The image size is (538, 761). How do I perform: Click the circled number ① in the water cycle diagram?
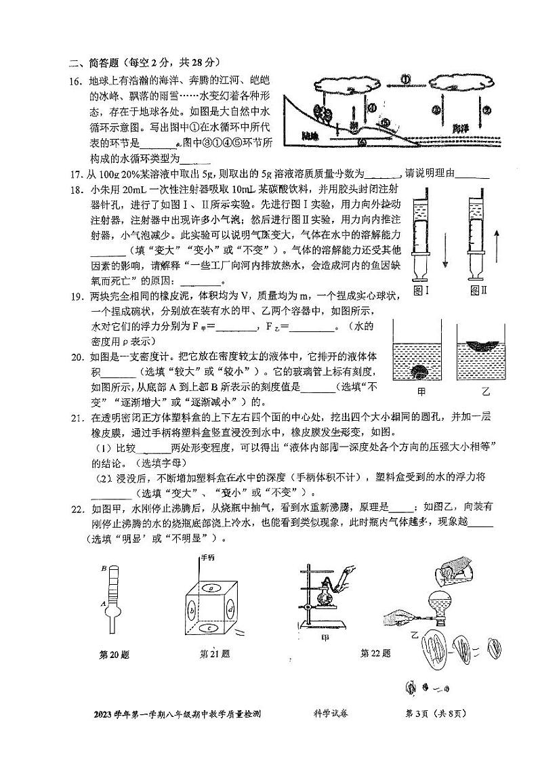click(405, 79)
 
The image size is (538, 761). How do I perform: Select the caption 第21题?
click(214, 654)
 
